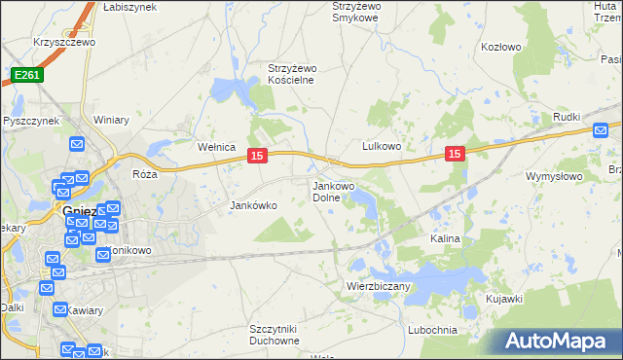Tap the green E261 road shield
click(x=26, y=74)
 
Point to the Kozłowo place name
click(x=501, y=46)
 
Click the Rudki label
click(x=568, y=119)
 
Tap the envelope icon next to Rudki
click(x=601, y=129)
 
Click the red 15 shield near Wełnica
click(x=257, y=155)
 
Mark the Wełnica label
click(x=217, y=147)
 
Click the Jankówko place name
click(x=253, y=205)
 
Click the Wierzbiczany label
click(x=379, y=286)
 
